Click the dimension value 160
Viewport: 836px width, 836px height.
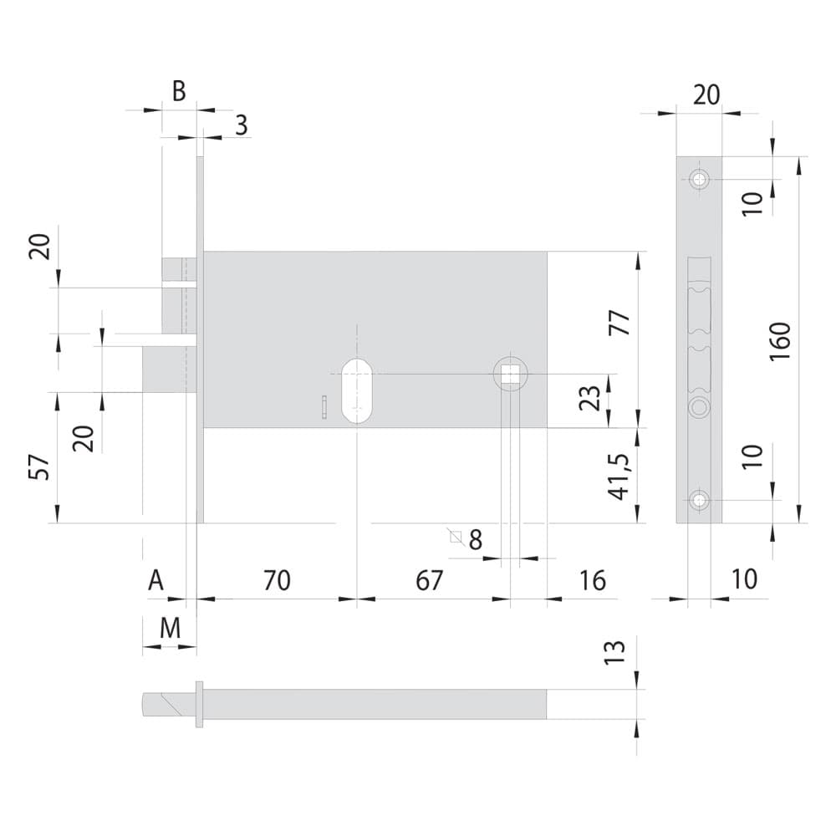780,341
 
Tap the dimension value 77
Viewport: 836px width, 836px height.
620,323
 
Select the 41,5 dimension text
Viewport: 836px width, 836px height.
619,477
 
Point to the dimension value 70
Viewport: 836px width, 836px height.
278,580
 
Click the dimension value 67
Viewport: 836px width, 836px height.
430,580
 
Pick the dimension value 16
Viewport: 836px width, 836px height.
593,580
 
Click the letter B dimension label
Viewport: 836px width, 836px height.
179,91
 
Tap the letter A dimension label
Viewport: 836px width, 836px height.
155,580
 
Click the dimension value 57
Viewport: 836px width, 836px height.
40,467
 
